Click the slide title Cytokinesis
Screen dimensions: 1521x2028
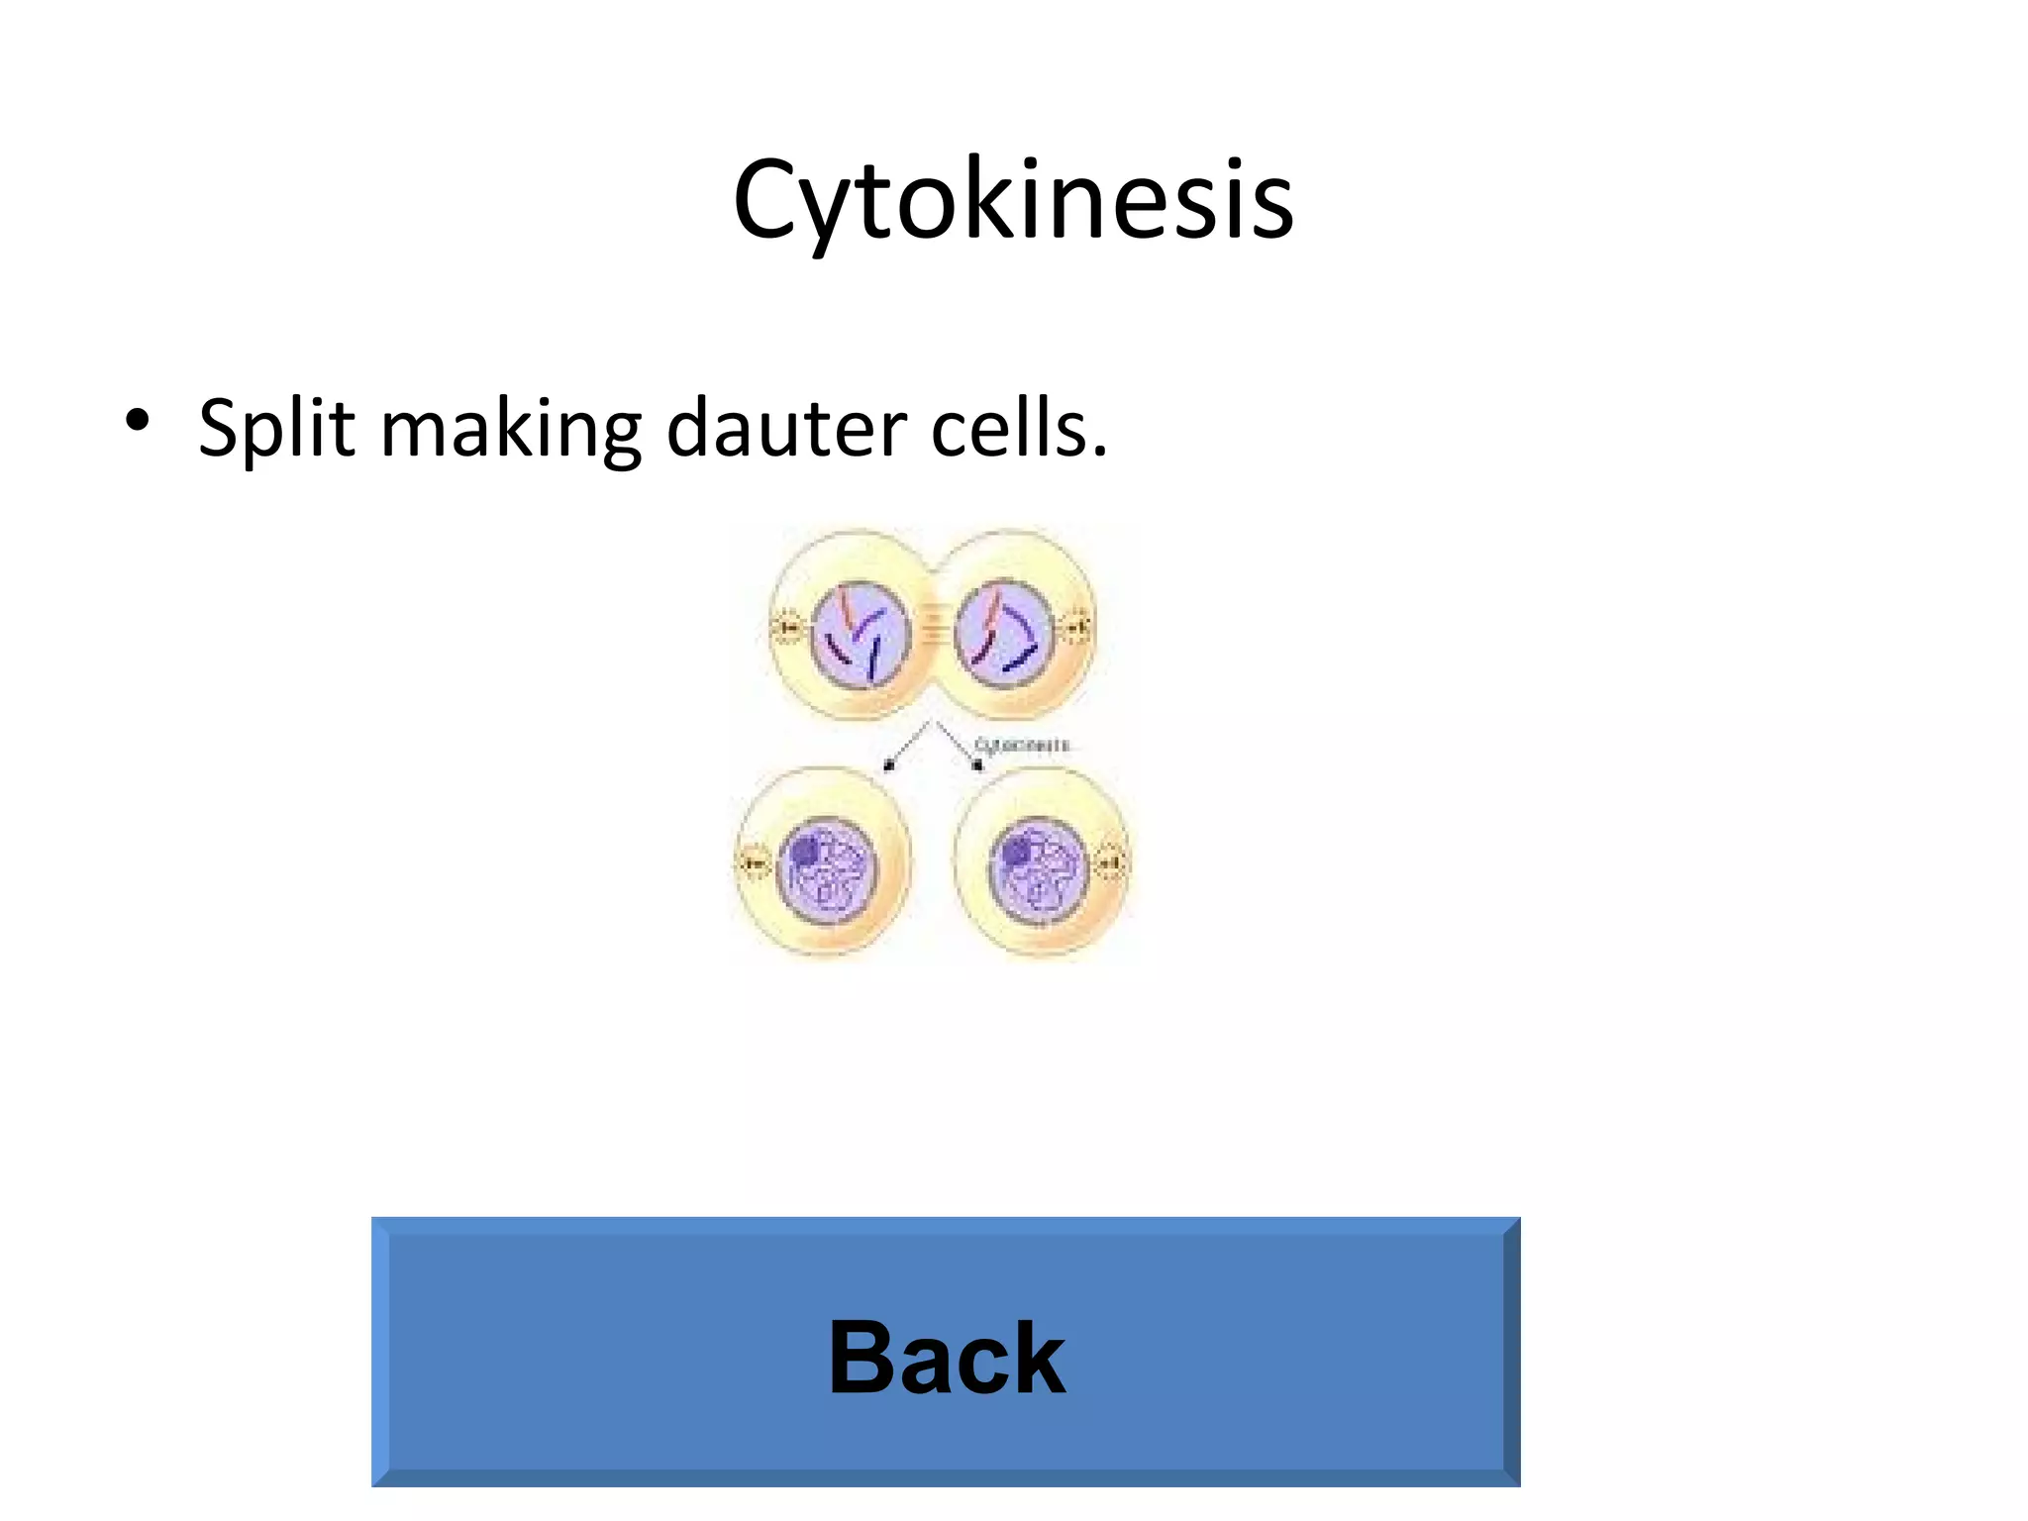click(x=1013, y=201)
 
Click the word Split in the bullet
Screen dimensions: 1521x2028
click(x=276, y=429)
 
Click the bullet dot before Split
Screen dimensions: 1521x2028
click(x=138, y=421)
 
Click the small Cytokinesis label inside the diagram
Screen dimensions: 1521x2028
click(x=1021, y=745)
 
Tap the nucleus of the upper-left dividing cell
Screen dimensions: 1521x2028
click(x=859, y=635)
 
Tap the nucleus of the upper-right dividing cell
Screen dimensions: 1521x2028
click(x=1002, y=634)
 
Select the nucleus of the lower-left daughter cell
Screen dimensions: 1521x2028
click(x=827, y=870)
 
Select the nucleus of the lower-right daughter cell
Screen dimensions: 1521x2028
click(x=1040, y=869)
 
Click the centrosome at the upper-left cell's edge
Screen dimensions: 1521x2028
click(x=787, y=627)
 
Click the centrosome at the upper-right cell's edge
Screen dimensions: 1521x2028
click(x=1076, y=627)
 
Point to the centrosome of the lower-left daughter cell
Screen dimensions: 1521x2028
click(x=755, y=864)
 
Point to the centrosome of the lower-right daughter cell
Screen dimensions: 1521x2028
click(x=1111, y=863)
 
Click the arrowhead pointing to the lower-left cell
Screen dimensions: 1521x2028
click(x=888, y=764)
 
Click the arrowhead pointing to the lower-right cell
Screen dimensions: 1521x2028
click(x=977, y=764)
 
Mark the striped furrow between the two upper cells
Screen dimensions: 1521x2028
click(x=931, y=624)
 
